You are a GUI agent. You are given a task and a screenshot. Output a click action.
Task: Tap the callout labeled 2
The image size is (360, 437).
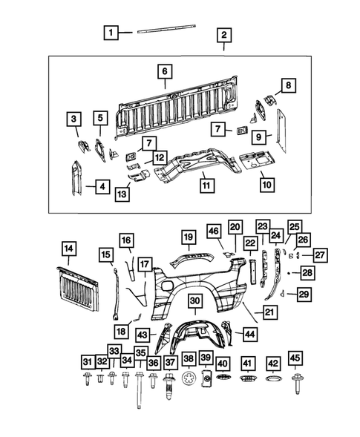click(x=223, y=35)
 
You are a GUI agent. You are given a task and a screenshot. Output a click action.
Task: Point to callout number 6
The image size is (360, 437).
click(x=165, y=71)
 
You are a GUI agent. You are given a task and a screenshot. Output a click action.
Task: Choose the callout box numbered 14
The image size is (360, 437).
click(x=68, y=249)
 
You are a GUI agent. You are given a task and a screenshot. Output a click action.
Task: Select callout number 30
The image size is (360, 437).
click(x=194, y=300)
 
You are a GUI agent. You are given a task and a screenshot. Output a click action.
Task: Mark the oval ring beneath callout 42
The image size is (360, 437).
click(x=273, y=382)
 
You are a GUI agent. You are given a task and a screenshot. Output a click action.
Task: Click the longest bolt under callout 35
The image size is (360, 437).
click(x=139, y=389)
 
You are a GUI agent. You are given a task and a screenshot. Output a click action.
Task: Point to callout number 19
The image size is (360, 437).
click(x=189, y=237)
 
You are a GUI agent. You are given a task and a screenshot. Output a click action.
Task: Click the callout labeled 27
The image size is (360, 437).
click(x=319, y=256)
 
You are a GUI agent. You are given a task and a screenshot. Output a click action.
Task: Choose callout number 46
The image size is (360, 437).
click(x=213, y=231)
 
